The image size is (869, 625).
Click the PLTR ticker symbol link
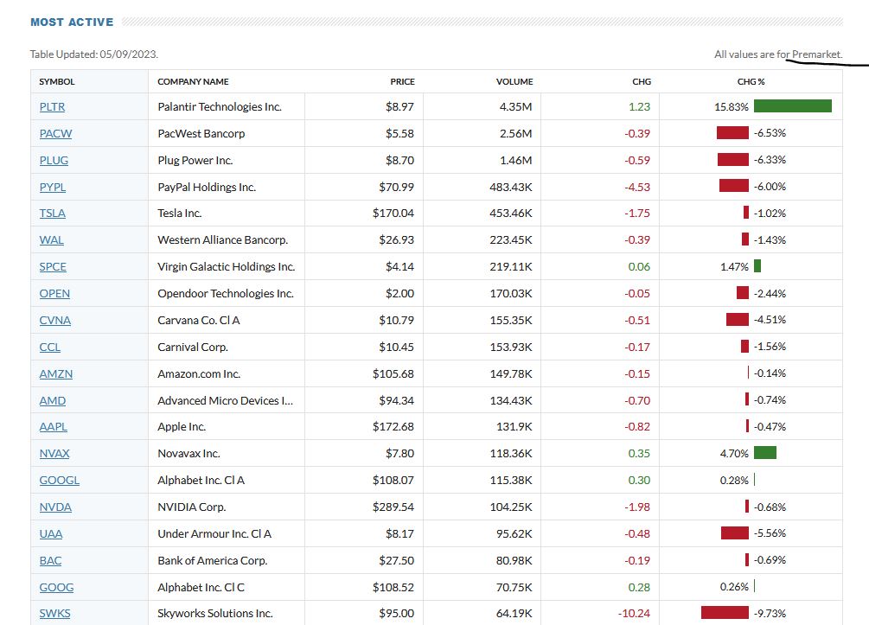coord(52,107)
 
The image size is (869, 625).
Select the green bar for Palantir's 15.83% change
coord(792,106)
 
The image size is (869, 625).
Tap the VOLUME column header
coord(514,81)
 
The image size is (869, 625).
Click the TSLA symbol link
coord(52,214)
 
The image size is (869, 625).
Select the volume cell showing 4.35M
coord(516,107)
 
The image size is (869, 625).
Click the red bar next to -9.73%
coord(725,613)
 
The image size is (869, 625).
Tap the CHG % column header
coord(751,81)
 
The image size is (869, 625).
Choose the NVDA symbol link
coord(55,507)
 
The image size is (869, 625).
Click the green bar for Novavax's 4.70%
coord(764,453)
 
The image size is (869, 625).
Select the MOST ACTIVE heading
coord(72,22)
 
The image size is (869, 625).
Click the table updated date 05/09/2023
coord(129,54)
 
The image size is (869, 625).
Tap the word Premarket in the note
coord(816,54)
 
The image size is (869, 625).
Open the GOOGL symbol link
coord(59,481)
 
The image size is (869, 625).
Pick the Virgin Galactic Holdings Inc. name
coord(226,267)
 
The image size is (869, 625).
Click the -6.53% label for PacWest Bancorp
coord(770,133)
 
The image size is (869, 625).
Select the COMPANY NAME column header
coord(193,81)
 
